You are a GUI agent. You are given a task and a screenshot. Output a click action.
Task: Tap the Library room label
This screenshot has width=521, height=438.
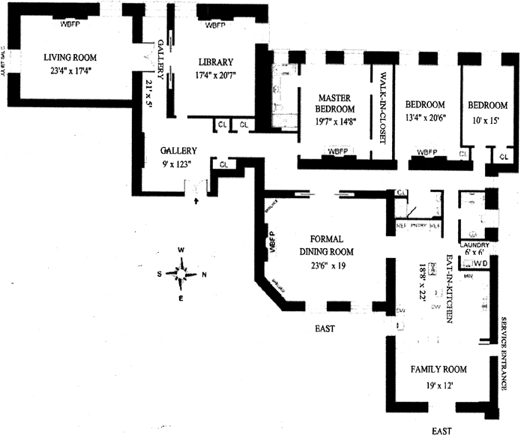click(216, 62)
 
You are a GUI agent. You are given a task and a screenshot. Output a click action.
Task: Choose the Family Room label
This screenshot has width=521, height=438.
click(439, 370)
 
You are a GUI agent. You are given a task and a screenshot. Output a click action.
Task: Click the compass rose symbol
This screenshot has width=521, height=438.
click(182, 273)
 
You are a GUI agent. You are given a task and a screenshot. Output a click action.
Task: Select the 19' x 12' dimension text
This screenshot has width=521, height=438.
click(439, 387)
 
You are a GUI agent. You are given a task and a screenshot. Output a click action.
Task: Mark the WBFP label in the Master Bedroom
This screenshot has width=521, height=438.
click(336, 153)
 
